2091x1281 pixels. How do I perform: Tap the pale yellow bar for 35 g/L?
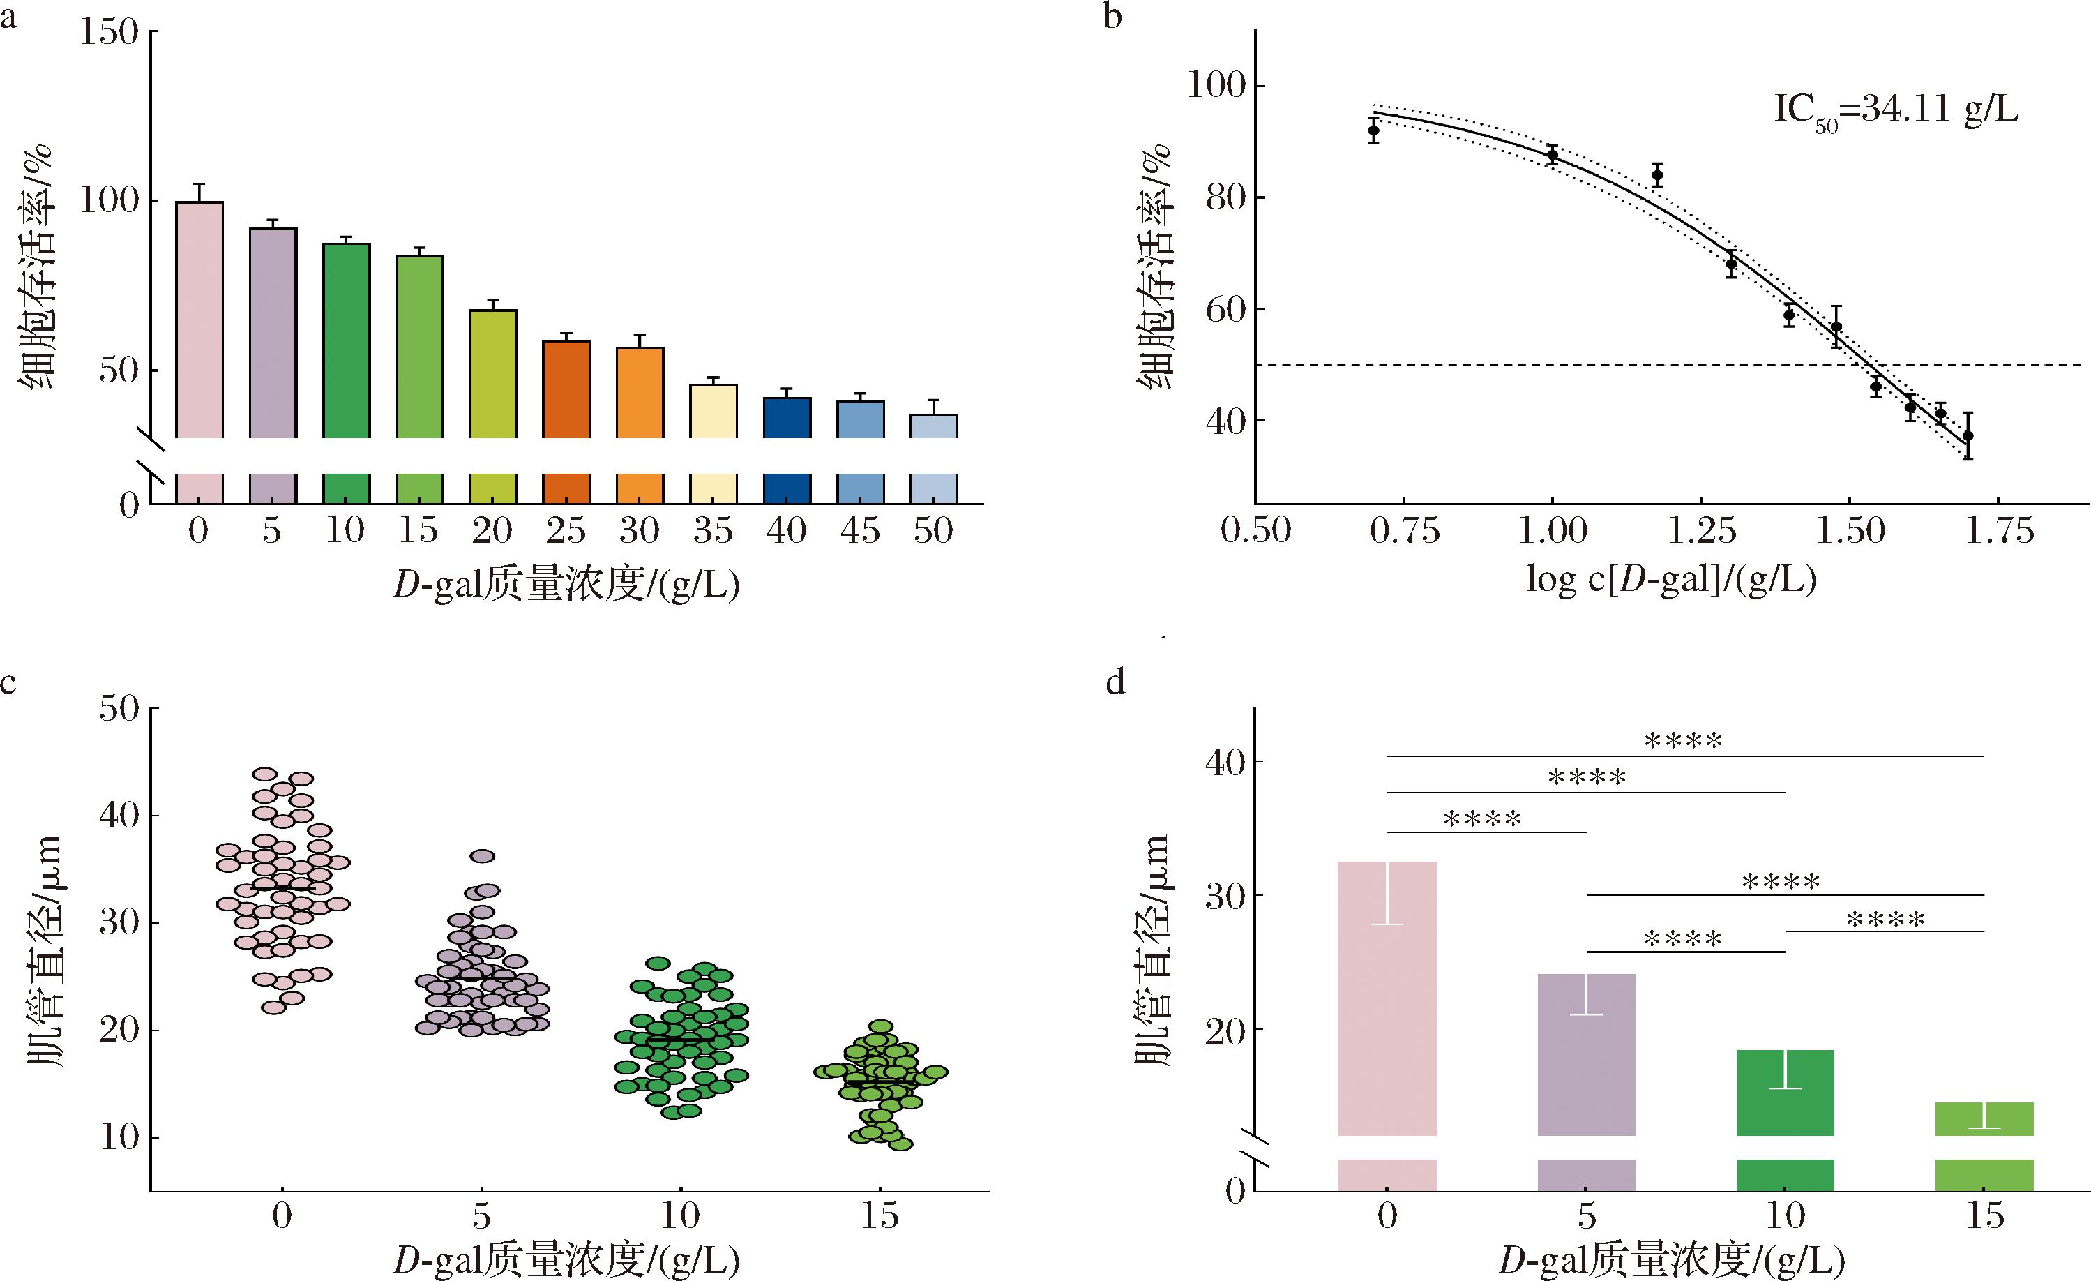pyautogui.click(x=713, y=412)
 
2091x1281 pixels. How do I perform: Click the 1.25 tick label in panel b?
pyautogui.click(x=1702, y=532)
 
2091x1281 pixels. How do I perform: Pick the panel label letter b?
pyautogui.click(x=1112, y=17)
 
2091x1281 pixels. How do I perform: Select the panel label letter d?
pyautogui.click(x=1115, y=682)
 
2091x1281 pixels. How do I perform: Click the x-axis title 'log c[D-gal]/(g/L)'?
pyautogui.click(x=1671, y=580)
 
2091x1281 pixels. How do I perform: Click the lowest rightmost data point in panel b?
pyautogui.click(x=1967, y=436)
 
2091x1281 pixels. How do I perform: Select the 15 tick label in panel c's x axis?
pyautogui.click(x=880, y=1217)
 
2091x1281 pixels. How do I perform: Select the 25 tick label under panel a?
pyautogui.click(x=565, y=532)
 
